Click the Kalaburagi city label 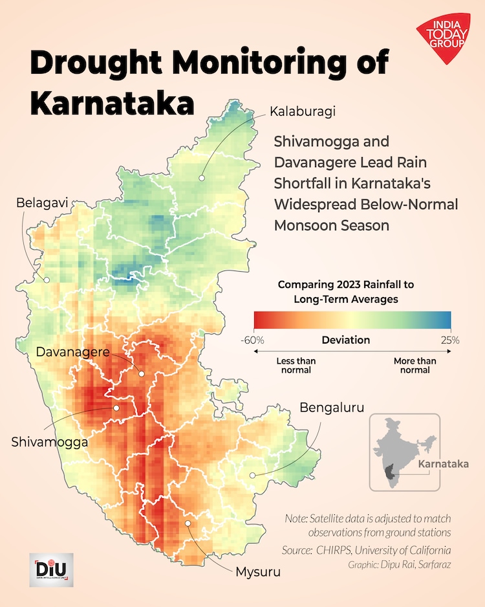303,111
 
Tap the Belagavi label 43,204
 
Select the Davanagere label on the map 73,353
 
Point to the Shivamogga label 49,443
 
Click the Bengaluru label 332,408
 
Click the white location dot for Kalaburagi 202,176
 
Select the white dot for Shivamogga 116,408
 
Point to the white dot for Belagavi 46,280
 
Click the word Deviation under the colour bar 346,340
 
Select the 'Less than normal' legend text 294,366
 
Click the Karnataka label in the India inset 437,465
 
